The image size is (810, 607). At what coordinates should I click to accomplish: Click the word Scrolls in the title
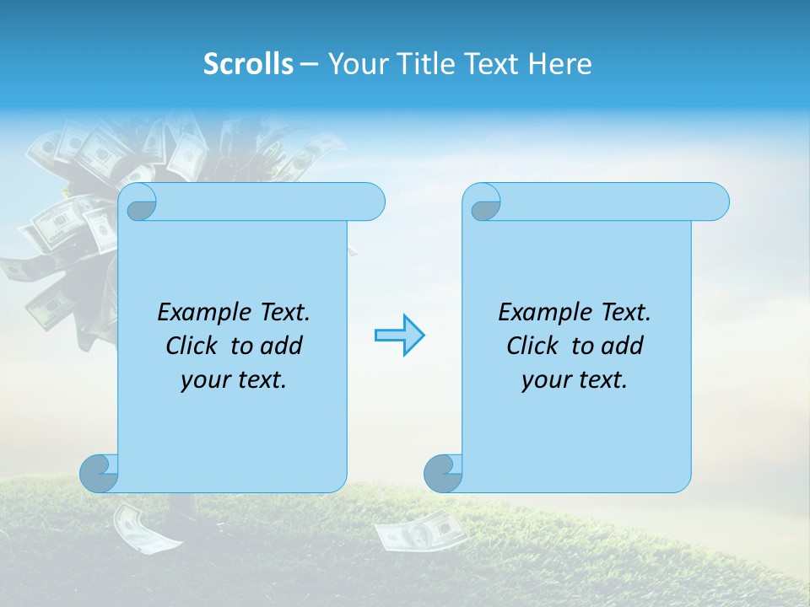coord(249,64)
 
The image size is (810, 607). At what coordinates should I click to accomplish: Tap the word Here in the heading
coord(559,64)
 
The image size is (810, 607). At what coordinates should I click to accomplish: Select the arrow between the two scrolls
coord(399,336)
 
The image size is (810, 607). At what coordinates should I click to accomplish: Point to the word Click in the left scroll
coord(192,346)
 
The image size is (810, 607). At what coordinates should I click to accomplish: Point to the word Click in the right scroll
coord(532,346)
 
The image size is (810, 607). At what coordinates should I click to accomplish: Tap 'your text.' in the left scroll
coord(234,380)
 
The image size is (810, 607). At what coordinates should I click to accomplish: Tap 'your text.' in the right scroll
coord(575,380)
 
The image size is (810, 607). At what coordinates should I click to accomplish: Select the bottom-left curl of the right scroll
coord(443,473)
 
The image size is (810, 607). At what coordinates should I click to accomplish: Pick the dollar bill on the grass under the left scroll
coord(138,527)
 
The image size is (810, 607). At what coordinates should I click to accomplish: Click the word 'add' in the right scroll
coord(622,346)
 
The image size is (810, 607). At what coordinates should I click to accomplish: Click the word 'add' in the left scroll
coord(281,346)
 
